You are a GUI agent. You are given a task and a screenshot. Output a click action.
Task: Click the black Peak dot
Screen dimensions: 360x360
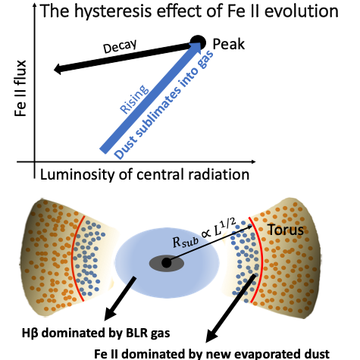[198, 42]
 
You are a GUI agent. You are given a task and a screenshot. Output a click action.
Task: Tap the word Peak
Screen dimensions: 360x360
[229, 44]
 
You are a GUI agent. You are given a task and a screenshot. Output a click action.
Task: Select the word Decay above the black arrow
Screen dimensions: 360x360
[120, 46]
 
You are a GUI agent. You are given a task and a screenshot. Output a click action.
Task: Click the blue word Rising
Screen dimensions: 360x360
[134, 99]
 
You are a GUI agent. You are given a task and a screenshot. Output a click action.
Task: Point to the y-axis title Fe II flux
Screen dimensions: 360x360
[20, 89]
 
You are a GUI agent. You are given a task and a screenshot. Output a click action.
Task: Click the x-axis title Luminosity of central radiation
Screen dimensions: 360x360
[145, 174]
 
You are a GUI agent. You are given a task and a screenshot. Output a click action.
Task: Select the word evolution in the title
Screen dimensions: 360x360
[302, 11]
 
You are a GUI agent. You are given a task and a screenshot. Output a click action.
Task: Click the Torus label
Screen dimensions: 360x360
[286, 230]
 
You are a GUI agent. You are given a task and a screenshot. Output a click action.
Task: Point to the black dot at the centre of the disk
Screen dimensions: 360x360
[166, 263]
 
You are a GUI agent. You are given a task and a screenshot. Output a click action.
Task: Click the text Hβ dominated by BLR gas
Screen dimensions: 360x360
[96, 333]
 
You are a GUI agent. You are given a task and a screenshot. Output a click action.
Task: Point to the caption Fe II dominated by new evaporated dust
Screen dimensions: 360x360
[211, 354]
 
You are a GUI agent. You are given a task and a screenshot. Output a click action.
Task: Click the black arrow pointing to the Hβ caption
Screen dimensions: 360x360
[121, 299]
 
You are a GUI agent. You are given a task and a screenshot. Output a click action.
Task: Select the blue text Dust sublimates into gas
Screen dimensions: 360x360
[164, 105]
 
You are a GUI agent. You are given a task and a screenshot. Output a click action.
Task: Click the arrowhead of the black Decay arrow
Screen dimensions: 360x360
[58, 69]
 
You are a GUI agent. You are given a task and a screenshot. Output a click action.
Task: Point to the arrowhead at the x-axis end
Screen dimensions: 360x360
[252, 161]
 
